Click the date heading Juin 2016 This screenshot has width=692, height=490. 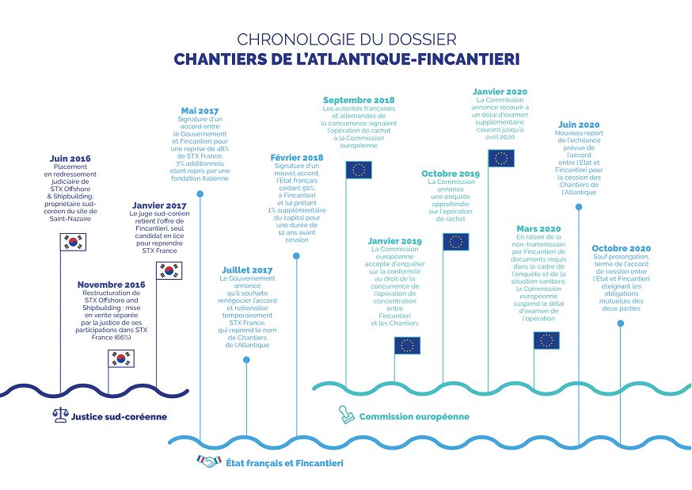pyautogui.click(x=70, y=159)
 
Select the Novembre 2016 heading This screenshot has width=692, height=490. pyautogui.click(x=112, y=285)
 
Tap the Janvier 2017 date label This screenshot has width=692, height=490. pyautogui.click(x=159, y=206)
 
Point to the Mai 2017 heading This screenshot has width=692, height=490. pyautogui.click(x=200, y=111)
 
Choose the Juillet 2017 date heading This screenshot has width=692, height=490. pyautogui.click(x=247, y=270)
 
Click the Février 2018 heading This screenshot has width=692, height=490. pyautogui.click(x=297, y=158)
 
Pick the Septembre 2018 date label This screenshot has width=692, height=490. pyautogui.click(x=359, y=100)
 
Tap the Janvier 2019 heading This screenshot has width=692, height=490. pyautogui.click(x=395, y=241)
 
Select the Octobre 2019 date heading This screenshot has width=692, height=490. pyautogui.click(x=451, y=174)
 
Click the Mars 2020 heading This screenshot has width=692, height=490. pyautogui.click(x=538, y=228)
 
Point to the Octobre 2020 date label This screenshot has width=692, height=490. pyautogui.click(x=621, y=249)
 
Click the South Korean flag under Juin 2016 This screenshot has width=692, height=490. pyautogui.click(x=73, y=243)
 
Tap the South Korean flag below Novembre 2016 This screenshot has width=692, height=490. pyautogui.click(x=121, y=359)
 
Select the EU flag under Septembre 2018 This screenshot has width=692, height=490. pyautogui.click(x=359, y=170)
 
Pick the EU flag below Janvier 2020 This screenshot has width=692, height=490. pyautogui.click(x=500, y=159)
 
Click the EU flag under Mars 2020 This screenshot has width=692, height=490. pyautogui.click(x=546, y=340)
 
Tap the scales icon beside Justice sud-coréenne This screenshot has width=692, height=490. pyautogui.click(x=60, y=415)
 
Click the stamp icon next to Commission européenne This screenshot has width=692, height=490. pyautogui.click(x=346, y=415)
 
